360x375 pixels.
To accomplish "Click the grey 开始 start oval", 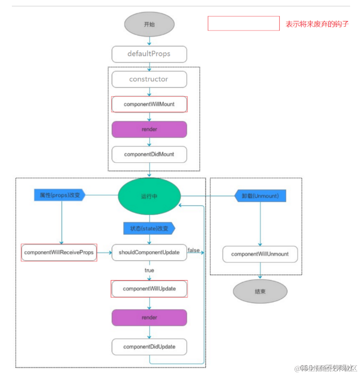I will (149, 24).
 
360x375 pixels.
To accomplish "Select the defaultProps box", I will (149, 54).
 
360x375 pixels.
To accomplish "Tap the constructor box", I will (149, 79).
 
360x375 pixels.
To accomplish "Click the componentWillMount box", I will (149, 104).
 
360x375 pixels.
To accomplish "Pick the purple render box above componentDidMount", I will (149, 129).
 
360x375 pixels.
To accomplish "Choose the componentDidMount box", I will (149, 154).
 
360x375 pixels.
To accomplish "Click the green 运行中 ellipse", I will (149, 196).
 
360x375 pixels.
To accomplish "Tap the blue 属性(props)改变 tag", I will (59, 195).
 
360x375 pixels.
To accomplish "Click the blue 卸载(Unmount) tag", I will (260, 195).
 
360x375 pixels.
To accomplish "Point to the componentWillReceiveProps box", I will (59, 252).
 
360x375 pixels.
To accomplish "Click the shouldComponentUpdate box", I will (149, 252).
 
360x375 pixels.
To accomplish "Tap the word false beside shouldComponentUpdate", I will (194, 250).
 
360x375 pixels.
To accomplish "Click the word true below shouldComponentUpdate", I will (149, 270).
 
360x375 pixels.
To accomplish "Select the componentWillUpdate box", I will (149, 289).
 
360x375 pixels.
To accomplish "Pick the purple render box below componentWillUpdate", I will (149, 317).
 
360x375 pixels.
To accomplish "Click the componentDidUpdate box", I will (149, 347).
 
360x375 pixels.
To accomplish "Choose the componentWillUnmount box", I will (260, 254).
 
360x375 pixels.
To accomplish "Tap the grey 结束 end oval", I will (260, 292).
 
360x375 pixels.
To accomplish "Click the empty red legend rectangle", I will (244, 23).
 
